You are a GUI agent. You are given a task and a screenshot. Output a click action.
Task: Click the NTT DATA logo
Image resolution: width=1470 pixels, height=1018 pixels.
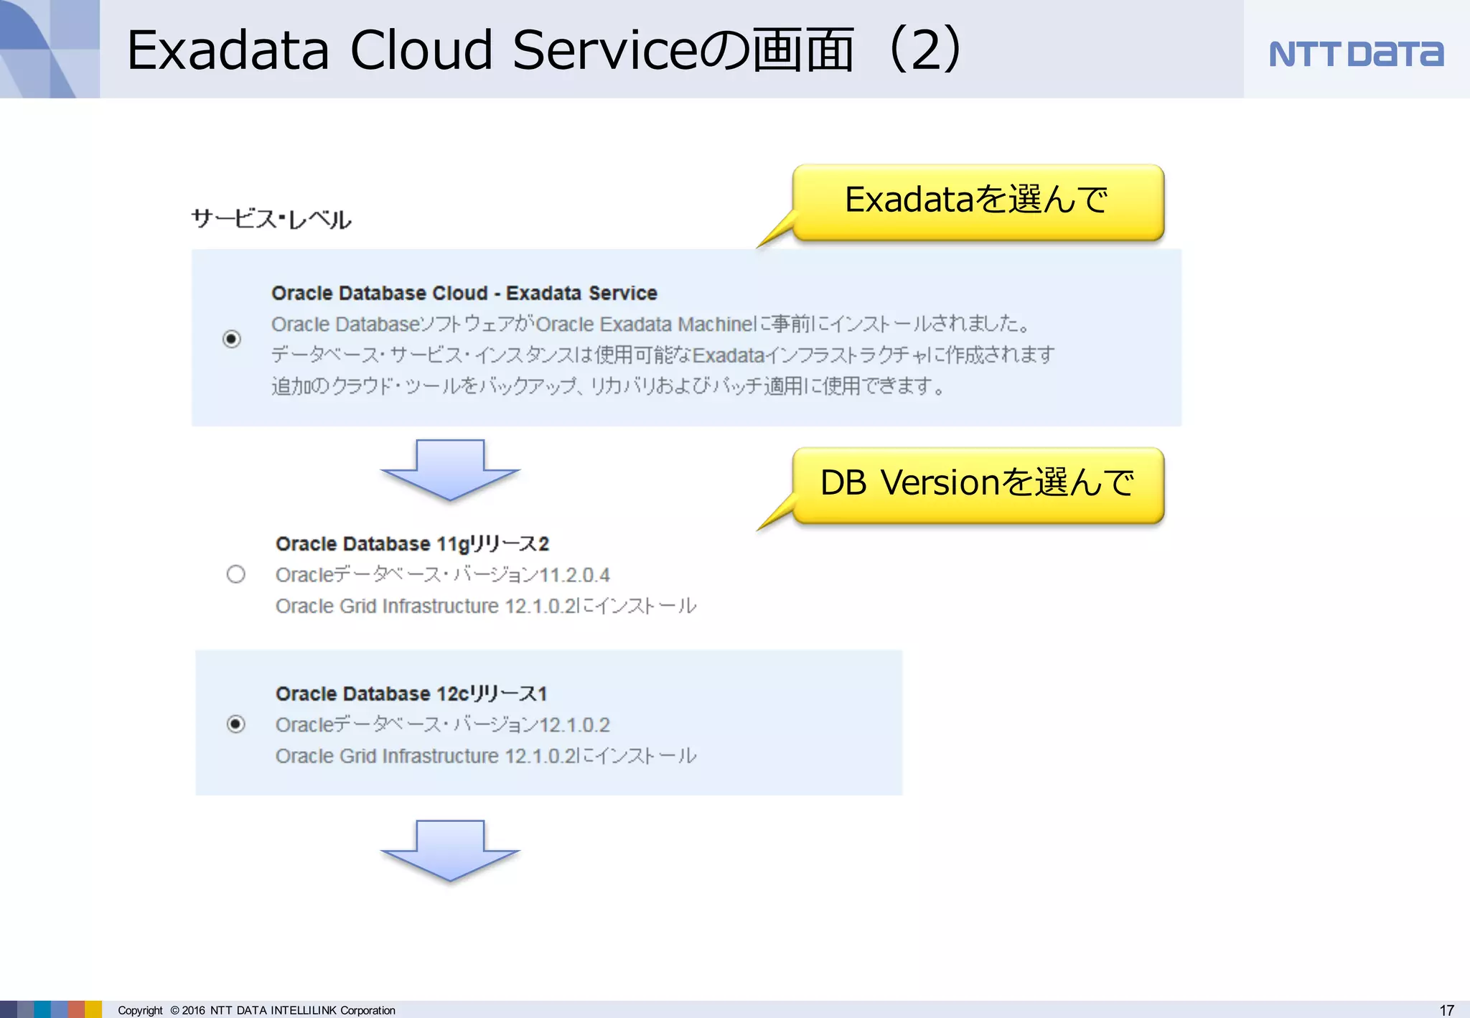click(x=1355, y=54)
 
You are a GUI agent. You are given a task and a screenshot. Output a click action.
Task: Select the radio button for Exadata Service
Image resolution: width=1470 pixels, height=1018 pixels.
click(x=232, y=339)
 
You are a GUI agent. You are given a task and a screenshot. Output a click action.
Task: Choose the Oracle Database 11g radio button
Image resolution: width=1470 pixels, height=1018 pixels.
click(x=235, y=574)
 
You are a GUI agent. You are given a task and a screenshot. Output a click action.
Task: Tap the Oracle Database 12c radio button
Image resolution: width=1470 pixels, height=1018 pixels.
click(x=235, y=724)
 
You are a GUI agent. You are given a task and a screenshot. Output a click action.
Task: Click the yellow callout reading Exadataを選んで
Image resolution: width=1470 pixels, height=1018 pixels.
click(x=978, y=202)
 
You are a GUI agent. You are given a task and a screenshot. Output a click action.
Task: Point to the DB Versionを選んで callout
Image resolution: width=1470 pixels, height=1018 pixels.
click(x=978, y=485)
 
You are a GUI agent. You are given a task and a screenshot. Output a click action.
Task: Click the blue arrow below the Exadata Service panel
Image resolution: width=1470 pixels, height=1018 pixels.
click(x=450, y=470)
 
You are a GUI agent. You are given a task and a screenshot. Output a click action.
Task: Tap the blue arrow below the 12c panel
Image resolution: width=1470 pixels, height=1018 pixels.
click(x=450, y=850)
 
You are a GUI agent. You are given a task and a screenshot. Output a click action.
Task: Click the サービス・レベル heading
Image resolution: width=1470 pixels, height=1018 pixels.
click(x=271, y=220)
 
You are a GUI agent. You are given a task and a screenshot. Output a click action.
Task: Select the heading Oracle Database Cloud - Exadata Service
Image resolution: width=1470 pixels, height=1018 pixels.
click(x=464, y=293)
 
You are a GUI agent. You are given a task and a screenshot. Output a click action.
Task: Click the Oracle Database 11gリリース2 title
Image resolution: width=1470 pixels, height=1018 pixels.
click(x=412, y=544)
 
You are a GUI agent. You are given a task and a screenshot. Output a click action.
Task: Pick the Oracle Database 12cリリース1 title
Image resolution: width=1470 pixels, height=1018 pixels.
click(x=411, y=694)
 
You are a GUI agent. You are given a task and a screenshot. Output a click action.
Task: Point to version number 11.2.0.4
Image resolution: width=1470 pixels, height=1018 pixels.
click(x=574, y=575)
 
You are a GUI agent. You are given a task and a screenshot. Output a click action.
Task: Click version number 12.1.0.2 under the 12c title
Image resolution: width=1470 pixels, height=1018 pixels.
click(x=574, y=725)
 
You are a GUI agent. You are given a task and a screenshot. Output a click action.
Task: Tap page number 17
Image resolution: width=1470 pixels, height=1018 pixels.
click(x=1446, y=1010)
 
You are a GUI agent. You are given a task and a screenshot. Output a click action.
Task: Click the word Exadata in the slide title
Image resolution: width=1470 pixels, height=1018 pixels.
click(x=228, y=50)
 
